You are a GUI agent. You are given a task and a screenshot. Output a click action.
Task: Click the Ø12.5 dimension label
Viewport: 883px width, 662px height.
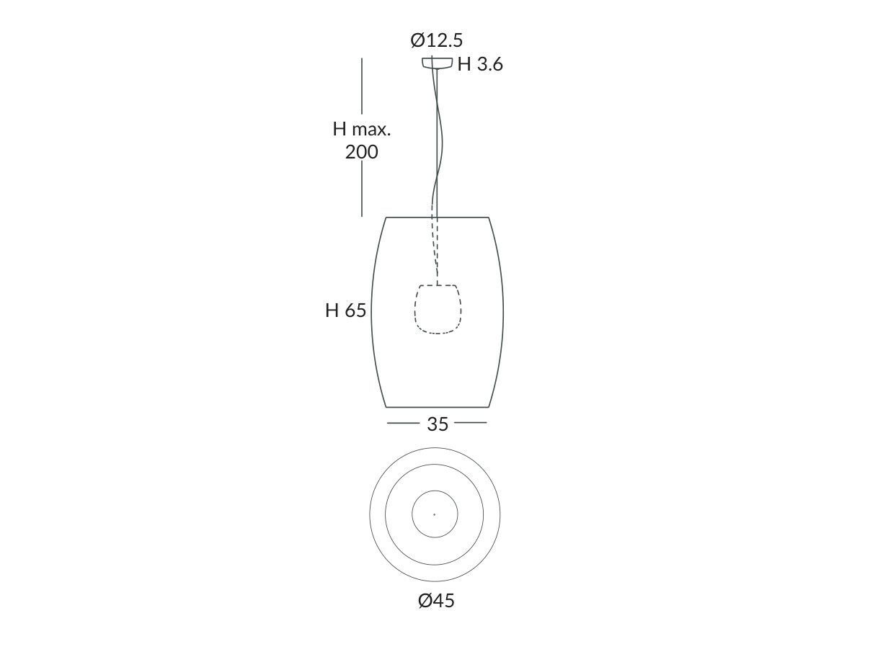coord(436,40)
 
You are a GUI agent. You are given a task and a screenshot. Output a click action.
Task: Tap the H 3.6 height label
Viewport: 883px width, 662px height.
coord(480,65)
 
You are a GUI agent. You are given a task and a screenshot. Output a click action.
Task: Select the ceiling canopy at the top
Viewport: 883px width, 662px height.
coord(438,63)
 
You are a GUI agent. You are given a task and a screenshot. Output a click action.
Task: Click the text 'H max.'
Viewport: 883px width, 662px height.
coord(361,129)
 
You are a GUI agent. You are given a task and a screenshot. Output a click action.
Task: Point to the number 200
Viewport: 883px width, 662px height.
coord(361,152)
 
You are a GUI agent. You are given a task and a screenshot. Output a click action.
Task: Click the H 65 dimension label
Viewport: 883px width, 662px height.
coord(346,310)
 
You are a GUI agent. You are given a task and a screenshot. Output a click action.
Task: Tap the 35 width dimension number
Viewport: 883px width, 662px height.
coord(438,424)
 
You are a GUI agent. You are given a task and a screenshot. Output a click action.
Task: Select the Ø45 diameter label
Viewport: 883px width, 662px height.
coord(436,600)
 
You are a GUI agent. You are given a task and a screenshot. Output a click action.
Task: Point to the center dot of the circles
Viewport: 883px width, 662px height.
coord(434,514)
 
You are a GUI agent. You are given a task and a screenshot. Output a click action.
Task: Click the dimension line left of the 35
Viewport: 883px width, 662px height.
coord(403,423)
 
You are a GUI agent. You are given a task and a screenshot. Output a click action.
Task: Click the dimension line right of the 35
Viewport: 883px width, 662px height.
coord(471,423)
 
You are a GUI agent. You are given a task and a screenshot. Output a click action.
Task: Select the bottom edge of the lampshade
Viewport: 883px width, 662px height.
coord(438,407)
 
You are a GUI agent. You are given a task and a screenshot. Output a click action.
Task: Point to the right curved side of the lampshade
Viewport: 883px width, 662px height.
coord(503,311)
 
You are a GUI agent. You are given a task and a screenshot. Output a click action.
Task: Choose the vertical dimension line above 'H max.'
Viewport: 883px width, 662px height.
coord(362,86)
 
